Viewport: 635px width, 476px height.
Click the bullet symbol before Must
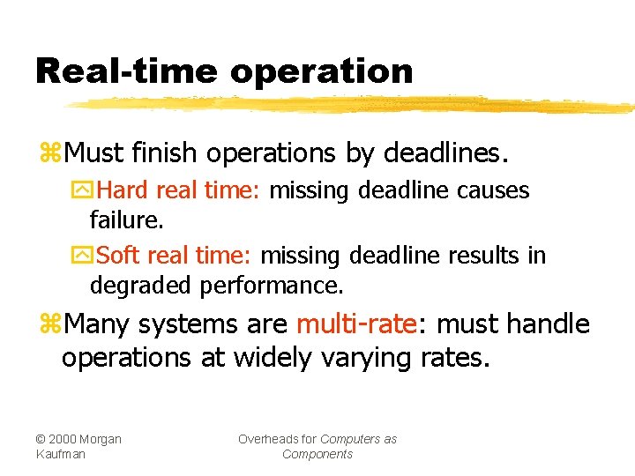coord(49,153)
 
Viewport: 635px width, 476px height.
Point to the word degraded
coord(142,286)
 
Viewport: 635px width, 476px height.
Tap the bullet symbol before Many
coord(49,324)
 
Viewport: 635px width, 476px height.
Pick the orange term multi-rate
coord(356,324)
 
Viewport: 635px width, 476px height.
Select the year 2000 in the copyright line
coord(69,439)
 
